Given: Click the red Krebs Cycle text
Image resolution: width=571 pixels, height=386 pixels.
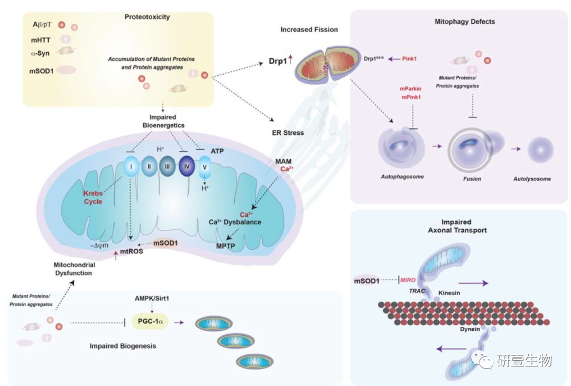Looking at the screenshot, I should (x=93, y=198).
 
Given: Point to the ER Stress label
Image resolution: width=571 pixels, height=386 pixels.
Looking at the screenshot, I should (x=288, y=133).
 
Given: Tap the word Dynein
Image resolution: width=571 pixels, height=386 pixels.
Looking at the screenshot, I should (x=469, y=329).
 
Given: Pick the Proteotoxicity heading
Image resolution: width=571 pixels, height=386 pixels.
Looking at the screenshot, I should (x=146, y=17).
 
